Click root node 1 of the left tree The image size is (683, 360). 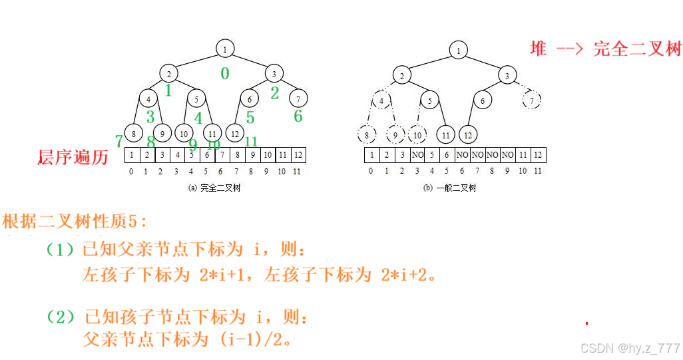(x=225, y=49)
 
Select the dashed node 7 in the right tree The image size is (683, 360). (x=531, y=100)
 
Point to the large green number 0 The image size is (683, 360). (x=225, y=73)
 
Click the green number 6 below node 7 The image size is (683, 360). (x=298, y=116)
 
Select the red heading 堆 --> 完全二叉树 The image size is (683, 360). (x=606, y=49)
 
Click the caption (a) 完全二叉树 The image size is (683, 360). (x=214, y=188)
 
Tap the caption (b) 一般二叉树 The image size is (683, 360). (x=449, y=188)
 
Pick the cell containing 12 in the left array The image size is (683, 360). (x=298, y=155)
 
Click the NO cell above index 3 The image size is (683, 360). (x=417, y=155)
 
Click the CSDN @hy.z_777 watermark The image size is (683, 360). (x=630, y=348)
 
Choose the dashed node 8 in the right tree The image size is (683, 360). (x=366, y=135)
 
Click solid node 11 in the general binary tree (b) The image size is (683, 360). (x=445, y=135)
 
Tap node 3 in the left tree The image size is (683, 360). (x=274, y=74)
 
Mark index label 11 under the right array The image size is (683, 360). (x=538, y=171)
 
